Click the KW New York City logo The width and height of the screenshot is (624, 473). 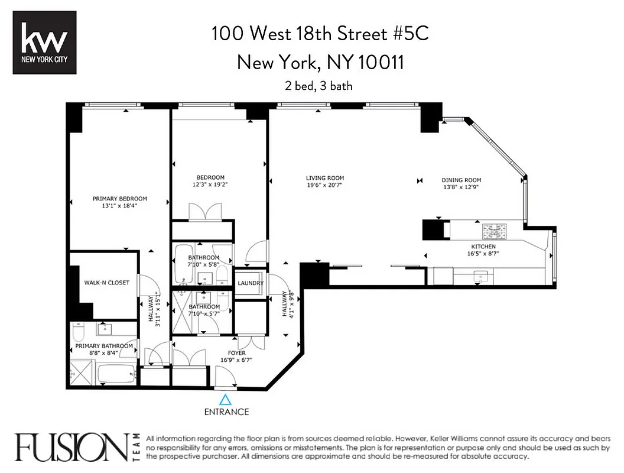pos(44,43)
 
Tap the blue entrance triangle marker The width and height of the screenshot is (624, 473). pos(227,400)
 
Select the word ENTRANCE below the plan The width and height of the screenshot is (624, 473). pos(227,412)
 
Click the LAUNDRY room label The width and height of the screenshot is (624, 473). pos(251,283)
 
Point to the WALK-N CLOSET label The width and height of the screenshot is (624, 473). pos(106,283)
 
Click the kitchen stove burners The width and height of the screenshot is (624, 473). pos(492,229)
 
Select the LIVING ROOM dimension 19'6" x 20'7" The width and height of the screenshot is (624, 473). pos(324,186)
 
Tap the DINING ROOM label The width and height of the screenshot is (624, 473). pos(461,180)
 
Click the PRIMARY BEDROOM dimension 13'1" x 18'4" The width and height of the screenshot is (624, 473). pos(120,206)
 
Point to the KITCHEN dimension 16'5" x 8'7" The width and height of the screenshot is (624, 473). pos(483,254)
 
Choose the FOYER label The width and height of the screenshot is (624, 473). pos(237,353)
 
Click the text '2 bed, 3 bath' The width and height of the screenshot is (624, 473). pos(318,86)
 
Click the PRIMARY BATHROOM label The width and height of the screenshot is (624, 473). pos(103,346)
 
